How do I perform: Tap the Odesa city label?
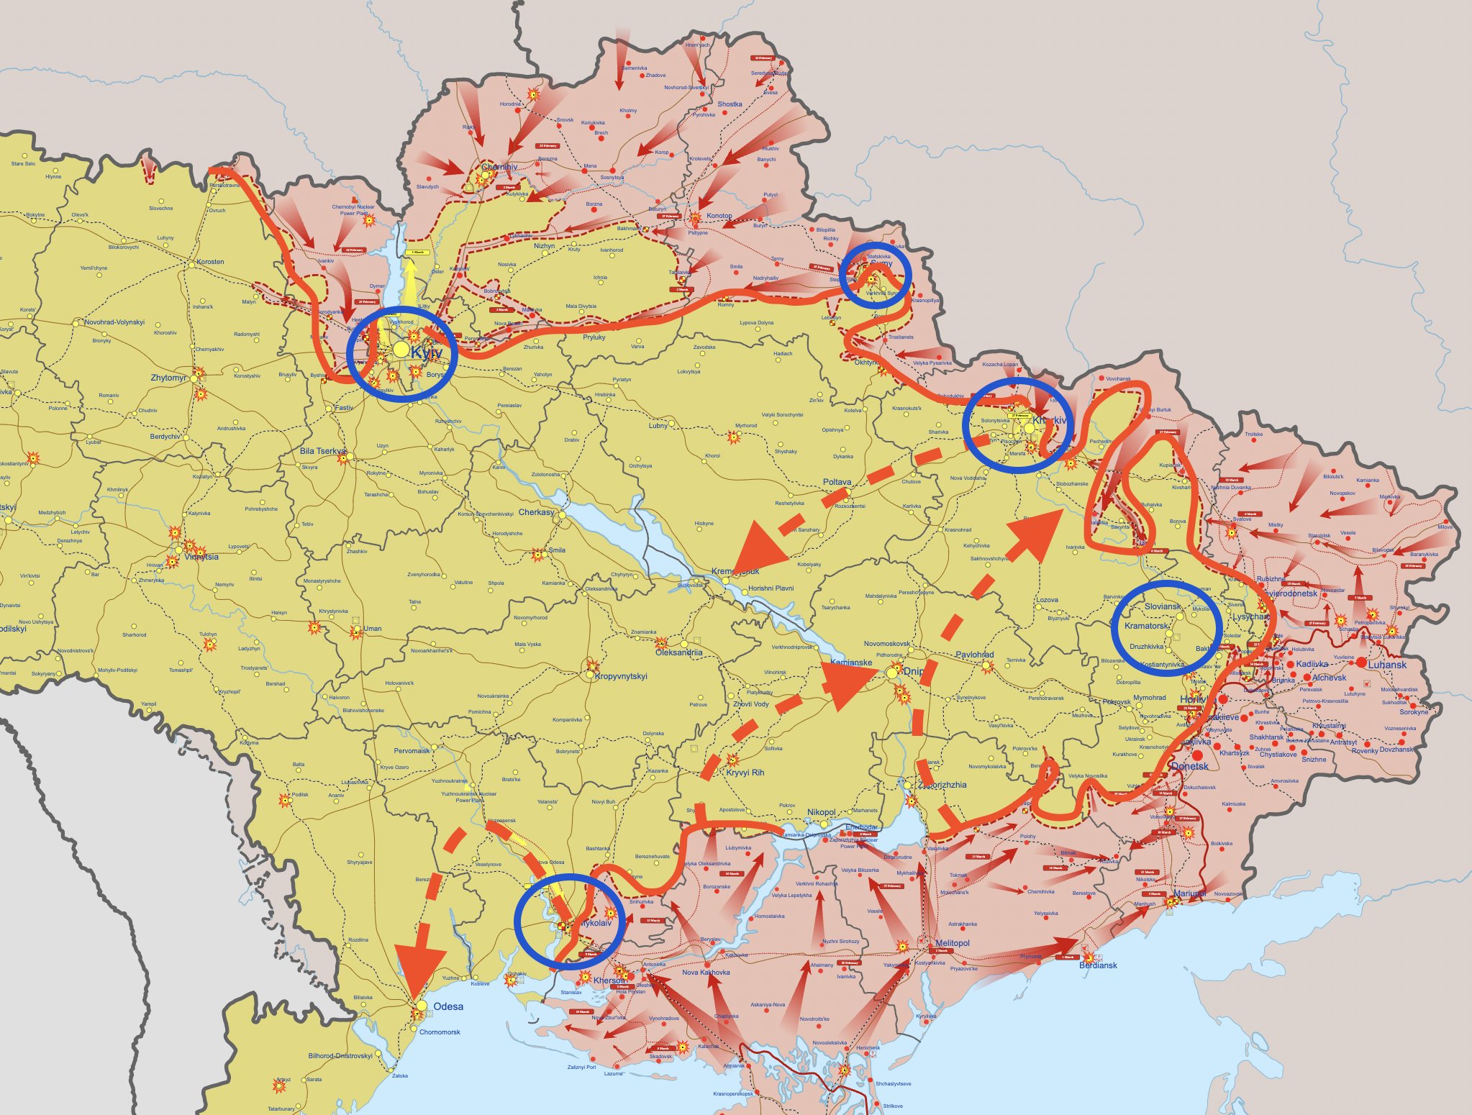(x=448, y=1006)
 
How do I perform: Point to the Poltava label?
(x=837, y=482)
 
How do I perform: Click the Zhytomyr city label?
(x=168, y=378)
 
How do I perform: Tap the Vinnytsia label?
(x=201, y=557)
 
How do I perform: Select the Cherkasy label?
(x=537, y=512)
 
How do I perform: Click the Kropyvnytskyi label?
(x=621, y=676)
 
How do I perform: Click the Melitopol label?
(x=952, y=943)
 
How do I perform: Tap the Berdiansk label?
(x=1098, y=965)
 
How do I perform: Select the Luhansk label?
(x=1387, y=665)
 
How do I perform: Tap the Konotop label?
(x=719, y=216)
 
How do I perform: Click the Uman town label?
(x=372, y=629)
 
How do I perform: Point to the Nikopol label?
(x=821, y=812)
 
